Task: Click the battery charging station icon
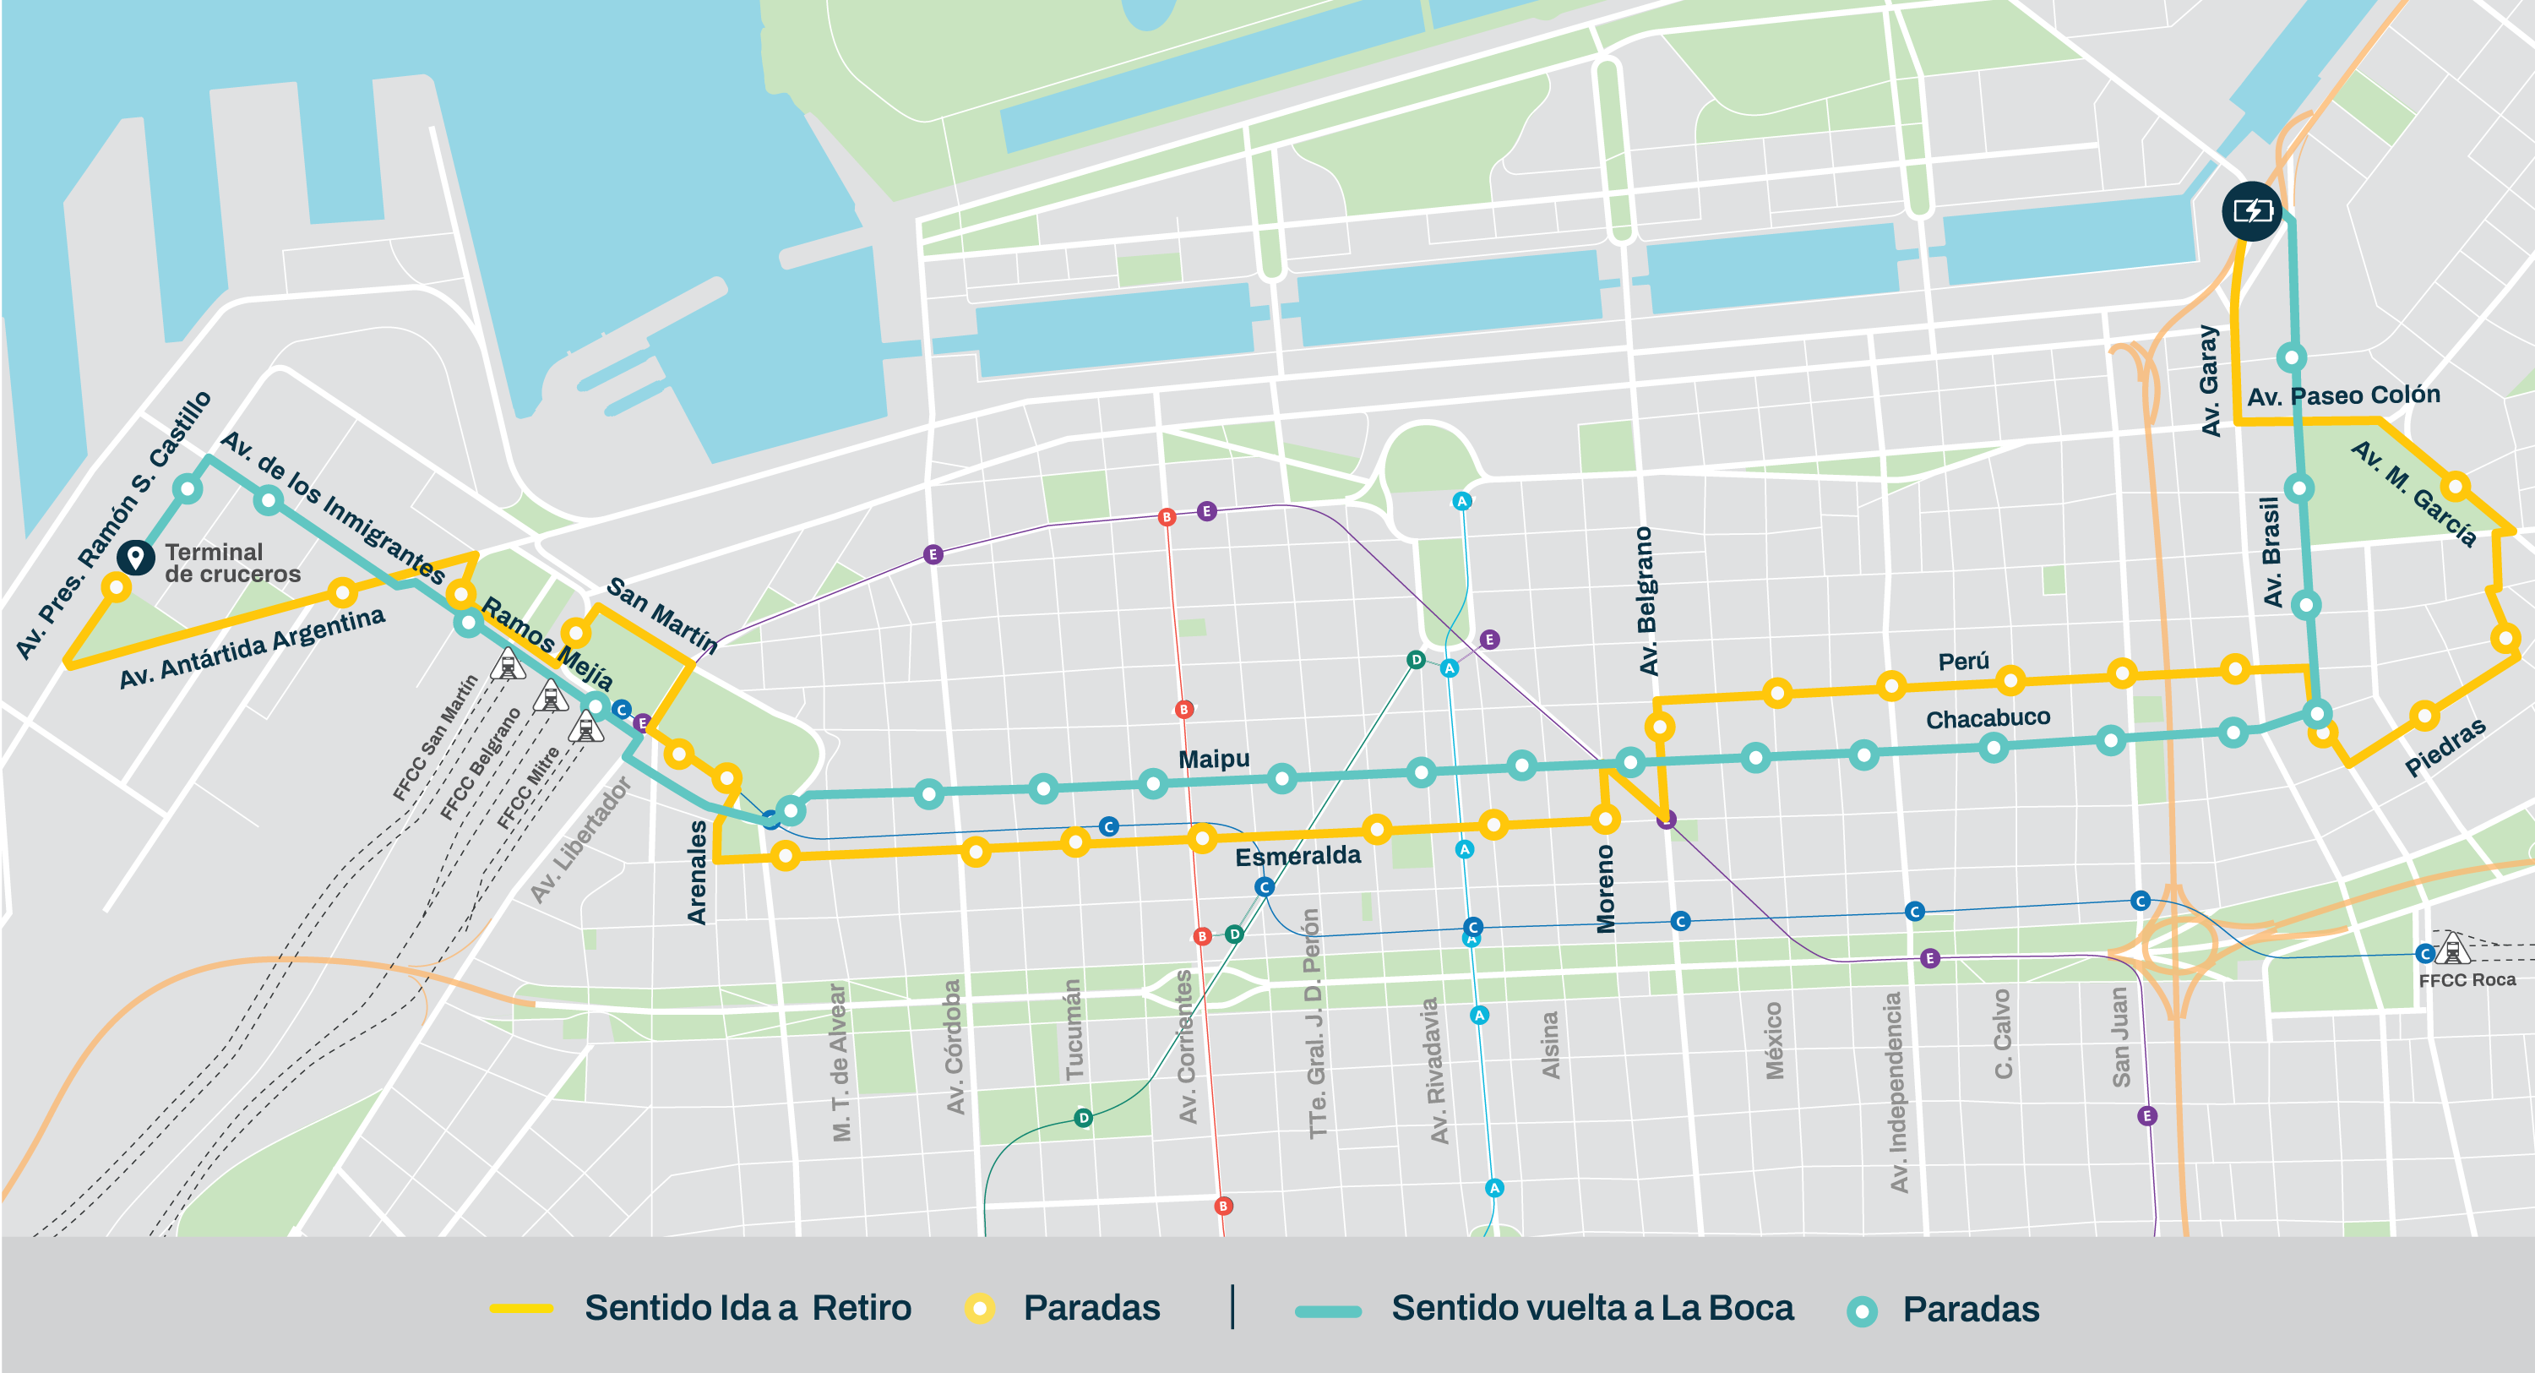click(x=2251, y=210)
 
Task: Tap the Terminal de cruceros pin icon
click(x=135, y=557)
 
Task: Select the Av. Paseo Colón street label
click(x=2343, y=395)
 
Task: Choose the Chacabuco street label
click(x=1987, y=718)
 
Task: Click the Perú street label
click(x=1963, y=662)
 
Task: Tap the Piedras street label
click(x=2445, y=747)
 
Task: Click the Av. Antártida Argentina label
click(x=252, y=647)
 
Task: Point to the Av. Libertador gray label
click(x=579, y=840)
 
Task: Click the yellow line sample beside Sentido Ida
click(x=520, y=1308)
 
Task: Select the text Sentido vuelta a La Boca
click(x=1591, y=1308)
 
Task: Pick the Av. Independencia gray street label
click(x=1896, y=1092)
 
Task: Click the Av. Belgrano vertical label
click(x=1646, y=601)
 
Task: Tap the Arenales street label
click(x=697, y=872)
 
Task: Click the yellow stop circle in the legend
click(x=978, y=1308)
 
